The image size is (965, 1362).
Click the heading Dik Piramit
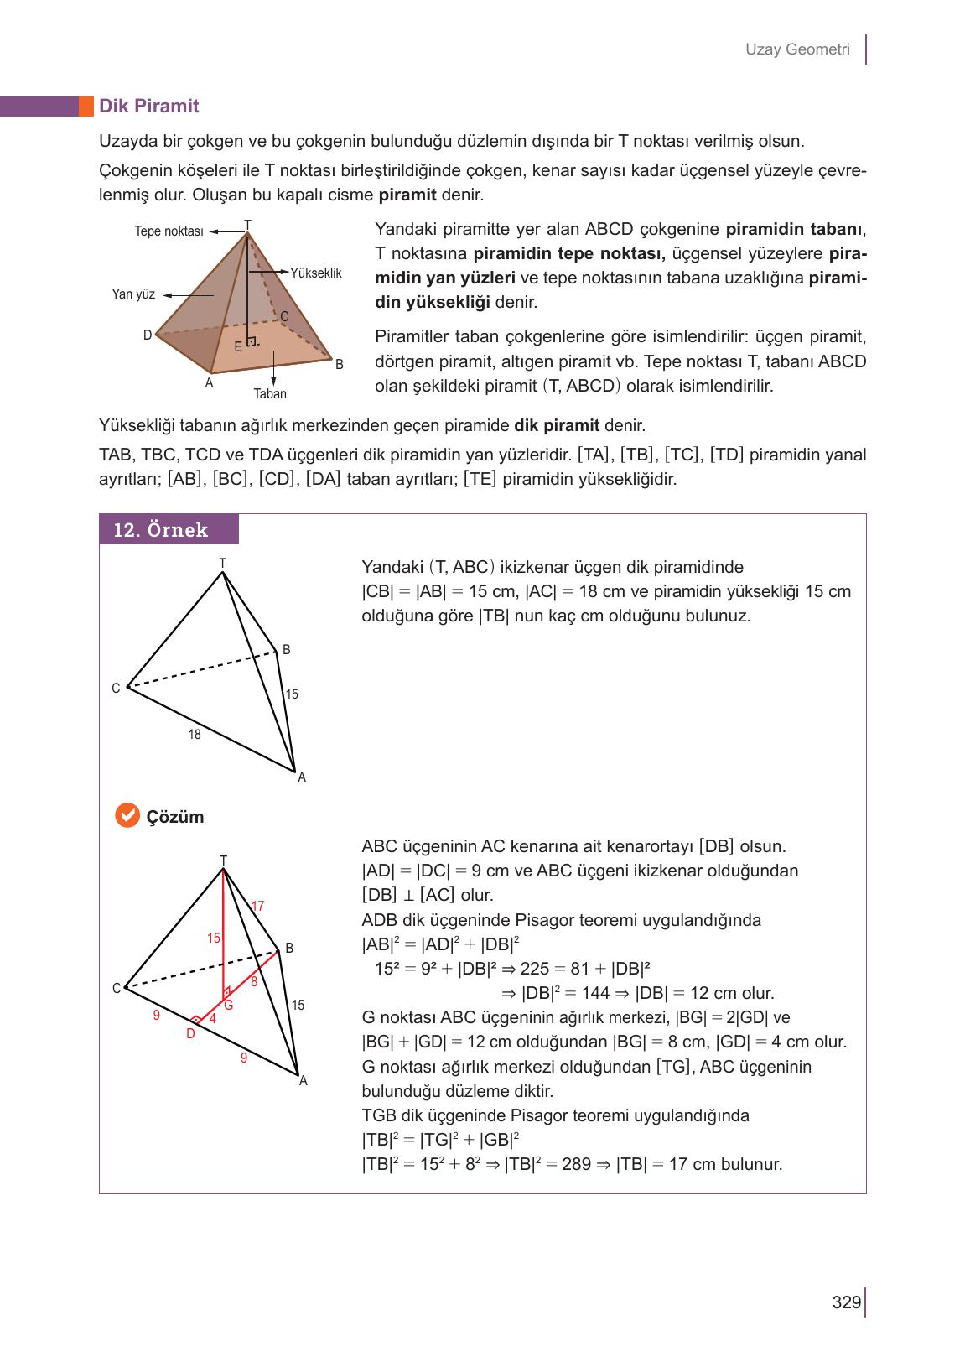pos(148,106)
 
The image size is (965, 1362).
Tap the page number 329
pos(846,1302)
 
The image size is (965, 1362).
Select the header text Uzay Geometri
pos(797,49)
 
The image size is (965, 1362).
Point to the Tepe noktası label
pos(169,231)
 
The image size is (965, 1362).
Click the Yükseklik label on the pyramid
pos(316,273)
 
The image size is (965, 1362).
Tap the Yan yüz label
pos(133,294)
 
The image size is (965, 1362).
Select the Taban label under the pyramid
pos(270,393)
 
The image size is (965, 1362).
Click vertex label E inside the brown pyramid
pos(238,346)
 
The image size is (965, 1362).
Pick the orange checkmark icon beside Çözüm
pos(127,815)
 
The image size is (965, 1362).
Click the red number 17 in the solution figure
pos(258,906)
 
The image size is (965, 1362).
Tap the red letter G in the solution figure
pos(227,1006)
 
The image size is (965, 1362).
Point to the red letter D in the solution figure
pos(190,1034)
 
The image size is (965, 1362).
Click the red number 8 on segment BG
pos(254,980)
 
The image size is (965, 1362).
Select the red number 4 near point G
pos(213,1019)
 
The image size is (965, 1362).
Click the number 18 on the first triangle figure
pos(195,735)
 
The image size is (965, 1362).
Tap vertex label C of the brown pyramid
pos(284,316)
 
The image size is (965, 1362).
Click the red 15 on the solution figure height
pos(214,938)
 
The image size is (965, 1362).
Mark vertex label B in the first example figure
pos(286,649)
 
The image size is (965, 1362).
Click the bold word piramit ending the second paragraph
pos(407,195)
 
